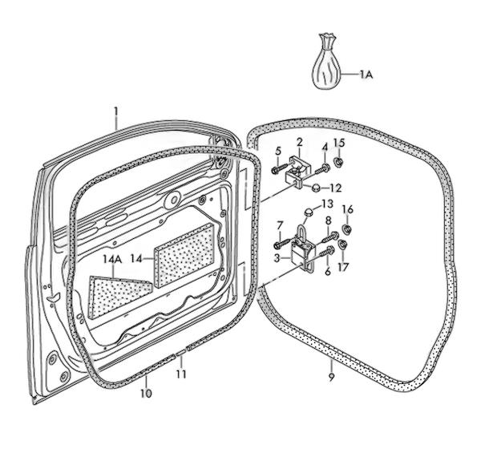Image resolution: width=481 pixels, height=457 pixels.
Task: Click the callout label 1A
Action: (366, 75)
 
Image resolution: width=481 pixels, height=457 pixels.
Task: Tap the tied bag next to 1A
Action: (326, 62)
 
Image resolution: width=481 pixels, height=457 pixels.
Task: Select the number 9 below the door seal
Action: (331, 377)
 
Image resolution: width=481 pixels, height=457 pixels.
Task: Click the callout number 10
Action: (146, 393)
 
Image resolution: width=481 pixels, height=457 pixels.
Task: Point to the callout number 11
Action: (181, 374)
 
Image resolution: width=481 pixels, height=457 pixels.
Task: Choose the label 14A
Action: (112, 260)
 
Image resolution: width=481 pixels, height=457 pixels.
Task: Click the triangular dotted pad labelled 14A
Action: (119, 296)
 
